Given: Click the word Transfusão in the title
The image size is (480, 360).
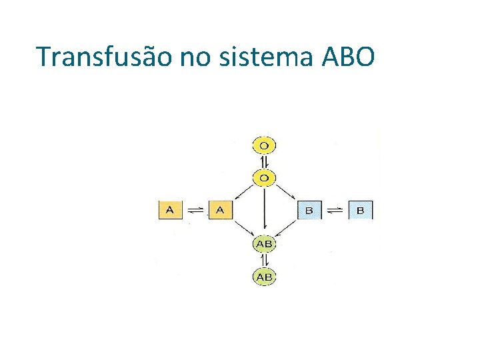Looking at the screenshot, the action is click(x=105, y=57).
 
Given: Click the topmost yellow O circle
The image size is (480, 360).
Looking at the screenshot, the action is click(x=264, y=145).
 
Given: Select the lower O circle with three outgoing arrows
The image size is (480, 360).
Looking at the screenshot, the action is click(x=264, y=177).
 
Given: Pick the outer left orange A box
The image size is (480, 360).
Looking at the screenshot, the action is click(x=169, y=210).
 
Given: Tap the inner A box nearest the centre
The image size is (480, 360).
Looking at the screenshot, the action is click(x=220, y=210).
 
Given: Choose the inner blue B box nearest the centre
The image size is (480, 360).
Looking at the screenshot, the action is click(x=310, y=211).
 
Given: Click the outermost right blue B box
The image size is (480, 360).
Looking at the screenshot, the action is click(x=361, y=211).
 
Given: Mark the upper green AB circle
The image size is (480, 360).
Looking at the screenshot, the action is click(x=265, y=244).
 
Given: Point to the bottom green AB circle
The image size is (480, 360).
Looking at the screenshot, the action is click(x=265, y=276).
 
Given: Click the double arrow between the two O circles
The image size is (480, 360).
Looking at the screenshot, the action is click(x=264, y=161).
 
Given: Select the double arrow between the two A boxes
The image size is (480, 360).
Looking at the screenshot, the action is click(x=195, y=210).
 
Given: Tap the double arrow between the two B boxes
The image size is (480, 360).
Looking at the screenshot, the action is click(x=335, y=211).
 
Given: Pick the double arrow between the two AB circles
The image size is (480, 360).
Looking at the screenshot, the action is click(x=265, y=260).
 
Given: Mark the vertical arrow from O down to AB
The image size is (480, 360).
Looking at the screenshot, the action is click(x=265, y=210).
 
